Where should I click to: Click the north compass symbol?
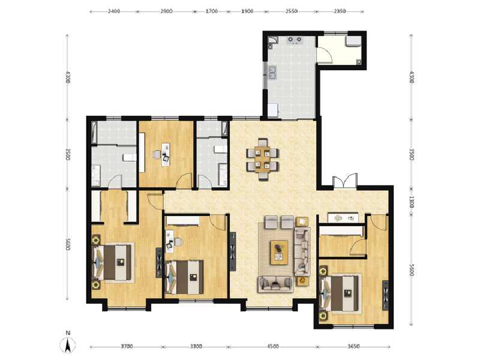pyautogui.click(x=68, y=344)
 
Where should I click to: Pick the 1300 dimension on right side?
pyautogui.click(x=411, y=202)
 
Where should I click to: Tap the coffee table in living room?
pyautogui.click(x=278, y=251)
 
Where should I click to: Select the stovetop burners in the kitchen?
pyautogui.click(x=295, y=40)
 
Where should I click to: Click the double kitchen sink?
pyautogui.click(x=273, y=74)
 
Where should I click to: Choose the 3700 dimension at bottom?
pyautogui.click(x=126, y=346)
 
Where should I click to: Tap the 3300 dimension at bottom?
pyautogui.click(x=196, y=346)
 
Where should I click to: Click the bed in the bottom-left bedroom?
pyautogui.click(x=113, y=262)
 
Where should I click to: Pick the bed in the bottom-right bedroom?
pyautogui.click(x=341, y=293)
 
